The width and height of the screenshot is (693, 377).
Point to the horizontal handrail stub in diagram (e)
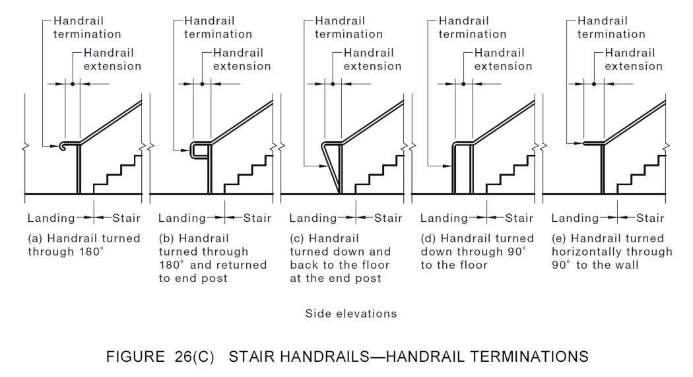click(593, 142)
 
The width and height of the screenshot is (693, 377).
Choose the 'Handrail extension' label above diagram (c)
click(372, 59)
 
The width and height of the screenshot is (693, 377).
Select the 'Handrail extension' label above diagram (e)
click(634, 59)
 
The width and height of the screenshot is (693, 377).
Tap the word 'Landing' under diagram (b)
click(181, 218)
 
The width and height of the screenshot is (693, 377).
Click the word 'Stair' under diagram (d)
click(519, 218)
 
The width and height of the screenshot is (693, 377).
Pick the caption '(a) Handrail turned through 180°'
click(84, 245)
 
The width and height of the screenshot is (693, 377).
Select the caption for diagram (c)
click(340, 258)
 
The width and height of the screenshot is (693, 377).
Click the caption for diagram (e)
click(612, 252)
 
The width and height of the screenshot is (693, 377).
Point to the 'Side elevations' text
click(351, 314)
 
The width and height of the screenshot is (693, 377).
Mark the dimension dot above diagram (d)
click(463, 84)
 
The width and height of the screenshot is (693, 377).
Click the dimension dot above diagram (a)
click(72, 84)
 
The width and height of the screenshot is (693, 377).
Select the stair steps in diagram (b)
click(248, 173)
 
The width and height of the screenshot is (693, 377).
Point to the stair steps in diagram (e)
click(640, 173)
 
